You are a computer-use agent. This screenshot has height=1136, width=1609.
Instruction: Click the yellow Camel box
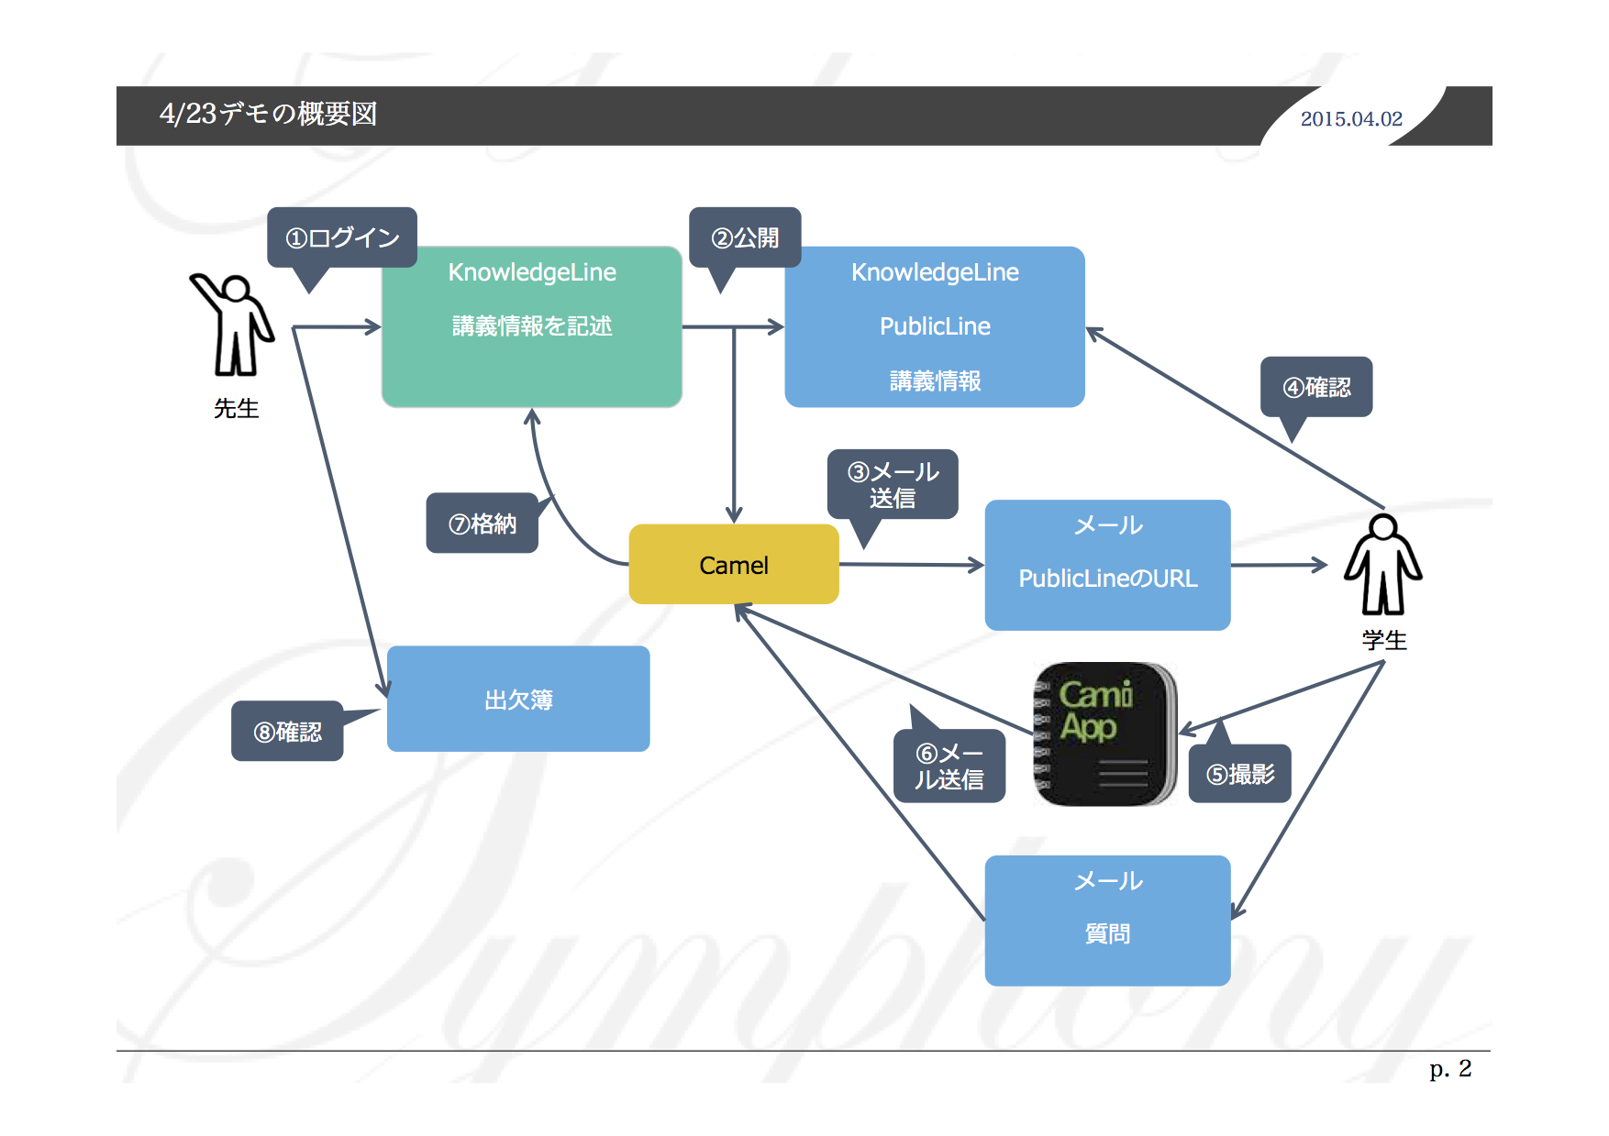pyautogui.click(x=734, y=565)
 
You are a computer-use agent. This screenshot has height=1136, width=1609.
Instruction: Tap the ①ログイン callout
pyautogui.click(x=342, y=238)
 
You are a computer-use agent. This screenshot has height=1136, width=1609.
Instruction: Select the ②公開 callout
pyautogui.click(x=745, y=238)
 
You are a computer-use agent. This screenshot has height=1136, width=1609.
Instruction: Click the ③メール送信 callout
pyautogui.click(x=893, y=485)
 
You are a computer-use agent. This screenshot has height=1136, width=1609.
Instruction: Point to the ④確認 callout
pyautogui.click(x=1316, y=388)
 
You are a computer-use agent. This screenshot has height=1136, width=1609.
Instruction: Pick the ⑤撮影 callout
pyautogui.click(x=1240, y=775)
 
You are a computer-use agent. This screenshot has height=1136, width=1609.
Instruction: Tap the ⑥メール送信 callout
pyautogui.click(x=949, y=767)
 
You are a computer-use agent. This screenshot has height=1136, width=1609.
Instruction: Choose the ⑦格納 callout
pyautogui.click(x=482, y=524)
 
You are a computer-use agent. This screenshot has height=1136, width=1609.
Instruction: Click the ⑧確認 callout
pyautogui.click(x=287, y=732)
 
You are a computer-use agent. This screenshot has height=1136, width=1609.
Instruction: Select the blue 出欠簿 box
pyautogui.click(x=518, y=700)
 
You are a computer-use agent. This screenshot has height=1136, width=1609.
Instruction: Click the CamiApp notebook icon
pyautogui.click(x=1105, y=734)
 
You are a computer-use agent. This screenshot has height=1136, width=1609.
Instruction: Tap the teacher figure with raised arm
pyautogui.click(x=234, y=325)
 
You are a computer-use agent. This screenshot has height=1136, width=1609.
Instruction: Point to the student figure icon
pyautogui.click(x=1382, y=565)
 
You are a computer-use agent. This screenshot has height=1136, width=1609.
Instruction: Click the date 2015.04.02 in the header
pyautogui.click(x=1351, y=119)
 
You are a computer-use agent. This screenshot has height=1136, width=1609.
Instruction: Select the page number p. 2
pyautogui.click(x=1449, y=1069)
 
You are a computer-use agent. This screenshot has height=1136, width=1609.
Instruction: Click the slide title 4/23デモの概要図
pyautogui.click(x=268, y=115)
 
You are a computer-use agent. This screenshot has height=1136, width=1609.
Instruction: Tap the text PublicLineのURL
pyautogui.click(x=1108, y=579)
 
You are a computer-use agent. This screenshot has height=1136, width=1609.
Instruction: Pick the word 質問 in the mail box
pyautogui.click(x=1107, y=934)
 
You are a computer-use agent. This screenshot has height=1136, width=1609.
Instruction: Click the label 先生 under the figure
pyautogui.click(x=236, y=409)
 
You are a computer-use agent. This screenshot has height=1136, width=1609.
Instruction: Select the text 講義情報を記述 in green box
pyautogui.click(x=532, y=326)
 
